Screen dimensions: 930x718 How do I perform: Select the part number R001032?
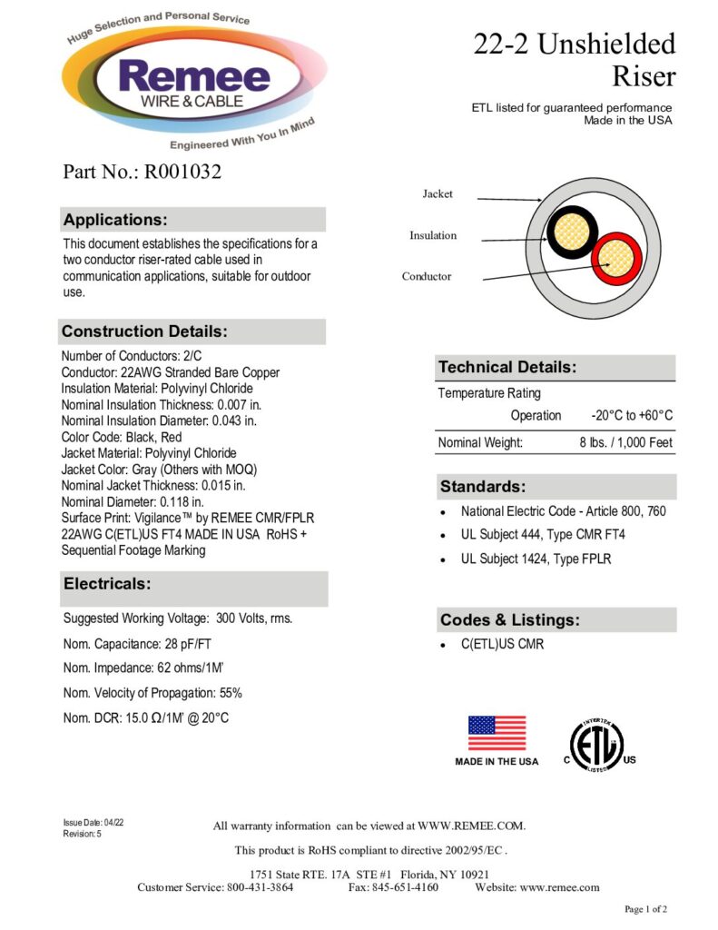point(142,172)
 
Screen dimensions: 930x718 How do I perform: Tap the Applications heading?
point(115,220)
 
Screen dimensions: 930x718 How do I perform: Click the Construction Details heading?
point(144,331)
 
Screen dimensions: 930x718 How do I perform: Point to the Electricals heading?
point(107,584)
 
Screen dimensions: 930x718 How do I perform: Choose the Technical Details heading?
point(507,368)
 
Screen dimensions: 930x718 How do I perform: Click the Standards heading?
point(482,487)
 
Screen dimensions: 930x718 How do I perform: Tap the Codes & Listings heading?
point(509,620)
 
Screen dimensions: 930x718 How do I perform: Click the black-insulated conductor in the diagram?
point(570,232)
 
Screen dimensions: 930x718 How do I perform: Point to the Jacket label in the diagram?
point(438,194)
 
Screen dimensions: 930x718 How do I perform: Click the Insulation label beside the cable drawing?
point(433,236)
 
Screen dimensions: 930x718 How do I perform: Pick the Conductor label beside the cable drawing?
point(427,276)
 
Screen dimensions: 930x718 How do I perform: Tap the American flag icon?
point(497,733)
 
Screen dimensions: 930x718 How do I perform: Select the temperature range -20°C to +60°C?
point(631,415)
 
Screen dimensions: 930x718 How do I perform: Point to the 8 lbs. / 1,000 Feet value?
point(626,443)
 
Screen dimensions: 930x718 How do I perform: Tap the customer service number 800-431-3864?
point(260,887)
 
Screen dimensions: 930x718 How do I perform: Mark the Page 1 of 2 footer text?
point(646,909)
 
